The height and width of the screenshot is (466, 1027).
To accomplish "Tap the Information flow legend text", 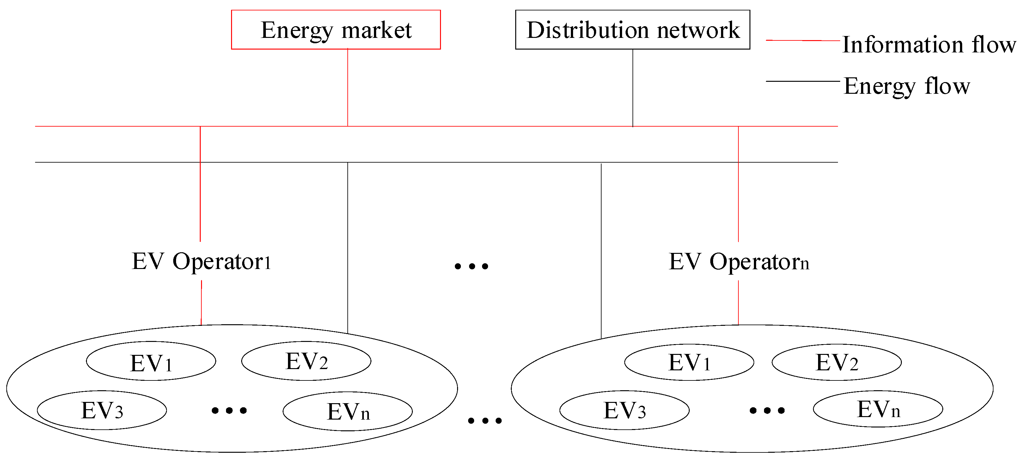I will tap(929, 44).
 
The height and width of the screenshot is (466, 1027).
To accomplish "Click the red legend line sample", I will tap(802, 40).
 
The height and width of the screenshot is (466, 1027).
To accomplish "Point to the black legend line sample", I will tap(802, 81).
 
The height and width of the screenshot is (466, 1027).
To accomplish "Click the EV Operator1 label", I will tap(201, 262).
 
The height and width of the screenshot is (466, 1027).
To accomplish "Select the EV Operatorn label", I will tap(738, 262).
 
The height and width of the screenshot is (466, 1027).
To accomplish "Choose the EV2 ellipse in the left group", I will tap(306, 361).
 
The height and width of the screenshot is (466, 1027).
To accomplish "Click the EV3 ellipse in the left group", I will tap(102, 410).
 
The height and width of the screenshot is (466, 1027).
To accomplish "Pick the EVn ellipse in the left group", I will tap(348, 411).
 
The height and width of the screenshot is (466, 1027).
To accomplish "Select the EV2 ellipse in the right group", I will tap(836, 362).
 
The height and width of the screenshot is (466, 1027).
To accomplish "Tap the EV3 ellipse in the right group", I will tap(624, 410).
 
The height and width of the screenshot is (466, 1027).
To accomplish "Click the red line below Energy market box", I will tap(348, 88).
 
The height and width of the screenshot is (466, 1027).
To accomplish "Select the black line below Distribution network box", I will tap(633, 88).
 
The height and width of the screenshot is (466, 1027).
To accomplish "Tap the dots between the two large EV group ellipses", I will tap(484, 421).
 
